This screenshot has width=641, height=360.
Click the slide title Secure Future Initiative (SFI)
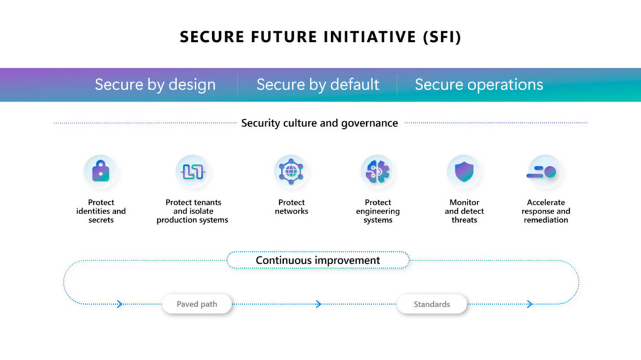point(320,37)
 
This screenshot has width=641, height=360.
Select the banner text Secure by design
point(155,85)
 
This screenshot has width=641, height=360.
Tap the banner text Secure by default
point(317,85)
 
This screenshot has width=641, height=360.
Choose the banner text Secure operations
point(479,85)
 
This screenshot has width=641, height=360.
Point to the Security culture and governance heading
point(319,123)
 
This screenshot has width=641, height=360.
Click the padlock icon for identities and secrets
point(100,171)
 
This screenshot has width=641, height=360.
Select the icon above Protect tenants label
point(192,171)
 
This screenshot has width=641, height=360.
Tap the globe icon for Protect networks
point(291,171)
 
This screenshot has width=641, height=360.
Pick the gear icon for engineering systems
point(377,171)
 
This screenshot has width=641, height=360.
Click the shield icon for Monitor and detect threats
point(464,171)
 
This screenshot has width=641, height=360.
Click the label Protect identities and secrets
point(101,211)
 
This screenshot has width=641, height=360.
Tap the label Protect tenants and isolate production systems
point(192,211)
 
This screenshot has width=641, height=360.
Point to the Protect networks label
point(291,207)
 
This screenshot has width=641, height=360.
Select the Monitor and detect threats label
point(464,211)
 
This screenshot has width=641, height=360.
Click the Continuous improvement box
point(317,260)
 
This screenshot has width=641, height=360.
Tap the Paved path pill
point(197,304)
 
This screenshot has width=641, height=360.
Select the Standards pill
point(431,304)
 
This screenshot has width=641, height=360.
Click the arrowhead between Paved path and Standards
point(318,304)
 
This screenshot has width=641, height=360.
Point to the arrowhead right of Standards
point(530,304)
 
